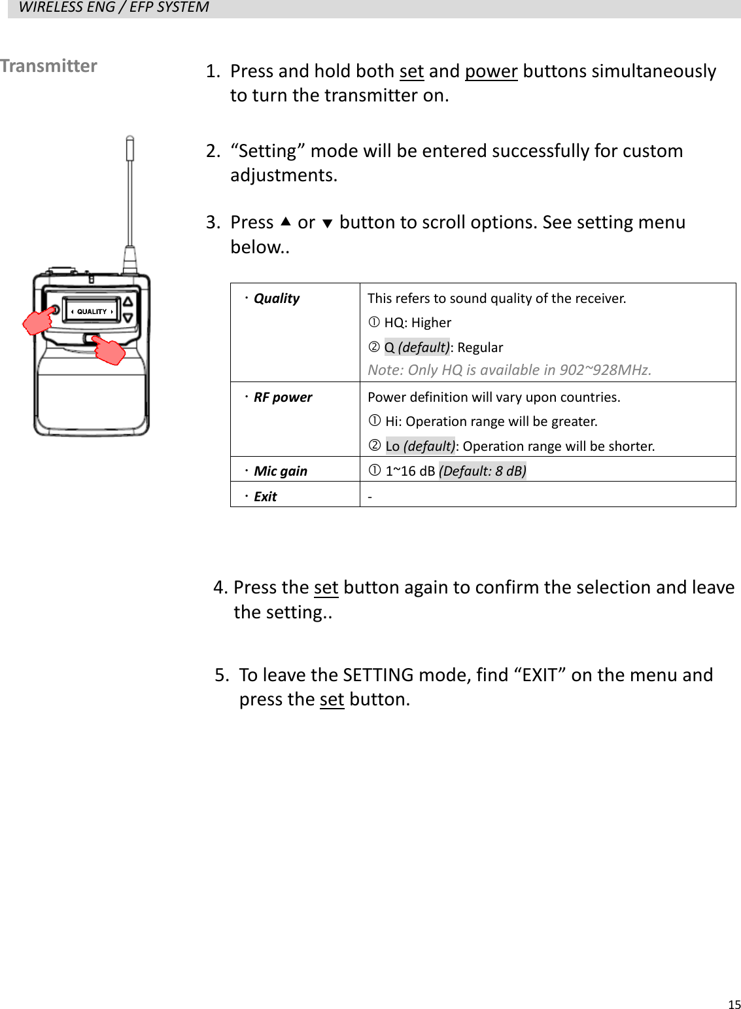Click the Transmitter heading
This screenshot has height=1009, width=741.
click(x=48, y=66)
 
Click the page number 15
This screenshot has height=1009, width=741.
click(x=734, y=1004)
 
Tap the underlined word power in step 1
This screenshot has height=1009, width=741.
click(x=491, y=71)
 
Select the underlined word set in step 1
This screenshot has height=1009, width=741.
click(x=411, y=71)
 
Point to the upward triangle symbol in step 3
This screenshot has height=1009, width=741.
click(x=285, y=222)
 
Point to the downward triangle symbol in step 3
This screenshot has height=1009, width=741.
click(x=328, y=224)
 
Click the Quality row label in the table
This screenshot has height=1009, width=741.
click(x=276, y=298)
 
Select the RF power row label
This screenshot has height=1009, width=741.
click(x=283, y=397)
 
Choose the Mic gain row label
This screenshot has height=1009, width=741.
click(x=280, y=471)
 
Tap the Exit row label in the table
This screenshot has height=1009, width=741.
click(x=265, y=497)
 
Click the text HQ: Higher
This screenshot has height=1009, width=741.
click(x=417, y=323)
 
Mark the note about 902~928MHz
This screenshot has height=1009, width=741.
click(x=509, y=370)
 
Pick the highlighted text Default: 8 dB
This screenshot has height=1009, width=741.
click(x=482, y=471)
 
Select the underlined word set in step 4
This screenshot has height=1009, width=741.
click(x=326, y=588)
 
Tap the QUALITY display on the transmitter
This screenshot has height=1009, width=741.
click(x=92, y=311)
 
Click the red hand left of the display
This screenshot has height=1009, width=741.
click(x=39, y=321)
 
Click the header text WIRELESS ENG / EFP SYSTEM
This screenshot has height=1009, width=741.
click(x=114, y=8)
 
